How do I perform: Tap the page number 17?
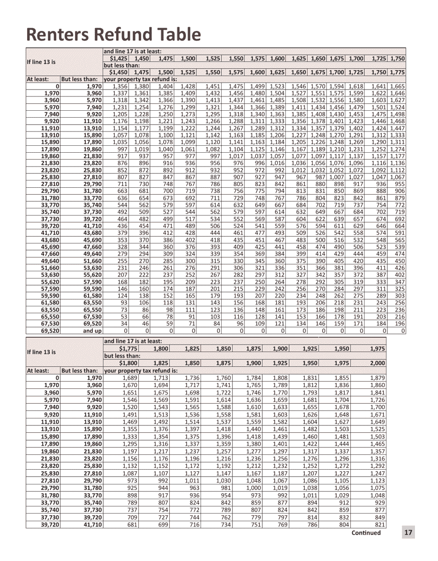click(408, 532)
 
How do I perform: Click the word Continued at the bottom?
click(366, 533)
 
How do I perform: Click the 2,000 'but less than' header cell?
click(378, 363)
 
